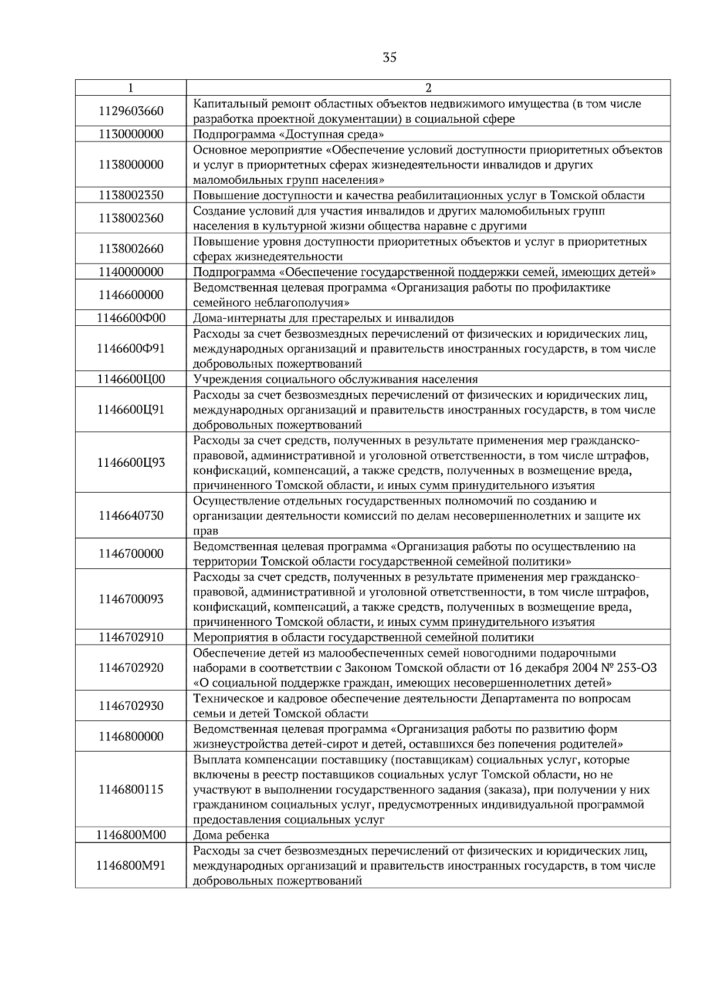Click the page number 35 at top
(390, 58)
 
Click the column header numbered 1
(130, 88)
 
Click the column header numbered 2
(428, 88)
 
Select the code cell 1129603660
(131, 112)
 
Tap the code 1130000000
(131, 134)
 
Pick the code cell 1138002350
(131, 196)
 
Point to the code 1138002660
(131, 249)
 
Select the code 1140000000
(131, 272)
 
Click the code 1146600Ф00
(131, 318)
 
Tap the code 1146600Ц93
(131, 463)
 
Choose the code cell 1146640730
(131, 516)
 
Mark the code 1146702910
(131, 638)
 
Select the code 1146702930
(131, 706)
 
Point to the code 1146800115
(131, 790)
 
